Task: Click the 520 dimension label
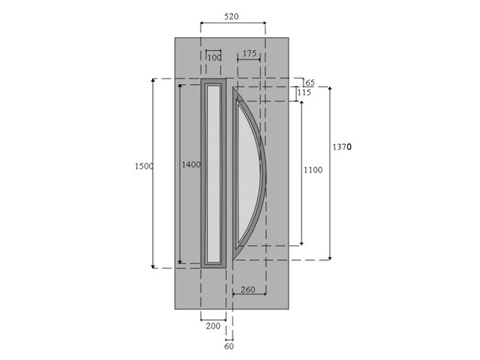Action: click(x=231, y=16)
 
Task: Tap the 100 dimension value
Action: click(x=214, y=58)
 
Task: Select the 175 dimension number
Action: click(x=250, y=53)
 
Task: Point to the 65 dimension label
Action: click(x=310, y=82)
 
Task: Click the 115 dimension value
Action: click(x=304, y=92)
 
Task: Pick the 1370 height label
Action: click(x=342, y=147)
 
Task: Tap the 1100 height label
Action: click(x=313, y=170)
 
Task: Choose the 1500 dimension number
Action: click(x=144, y=166)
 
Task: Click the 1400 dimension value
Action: click(x=191, y=165)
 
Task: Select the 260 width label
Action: click(x=248, y=289)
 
